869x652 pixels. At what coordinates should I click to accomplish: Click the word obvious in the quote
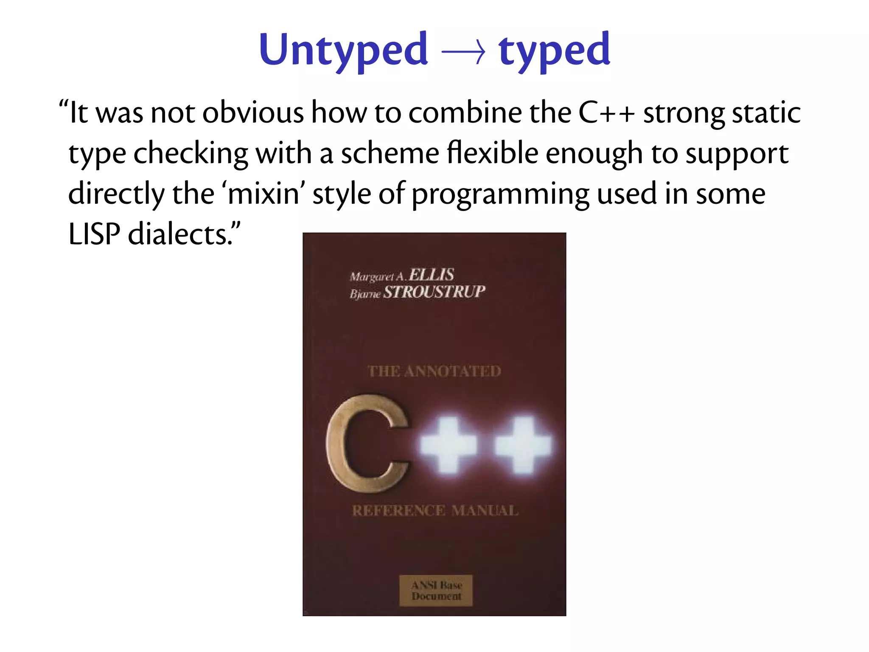(253, 113)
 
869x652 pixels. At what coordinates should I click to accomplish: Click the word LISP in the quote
(94, 234)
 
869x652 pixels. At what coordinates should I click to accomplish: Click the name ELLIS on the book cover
(431, 275)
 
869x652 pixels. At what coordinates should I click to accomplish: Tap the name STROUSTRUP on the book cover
(434, 292)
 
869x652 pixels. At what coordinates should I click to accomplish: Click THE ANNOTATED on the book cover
(434, 371)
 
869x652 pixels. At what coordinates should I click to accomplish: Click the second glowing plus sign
(524, 445)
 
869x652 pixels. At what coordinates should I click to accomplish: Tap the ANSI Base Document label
(436, 590)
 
